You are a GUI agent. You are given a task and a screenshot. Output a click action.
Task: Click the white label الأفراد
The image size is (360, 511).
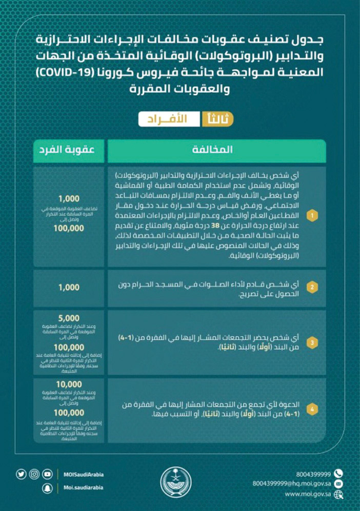[x=170, y=118]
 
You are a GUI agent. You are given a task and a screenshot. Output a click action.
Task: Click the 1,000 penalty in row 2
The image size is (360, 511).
[x=69, y=288]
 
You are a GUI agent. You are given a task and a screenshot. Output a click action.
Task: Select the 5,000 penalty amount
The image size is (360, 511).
[x=69, y=316]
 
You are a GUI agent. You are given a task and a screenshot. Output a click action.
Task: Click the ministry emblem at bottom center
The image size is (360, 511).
[x=179, y=481]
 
